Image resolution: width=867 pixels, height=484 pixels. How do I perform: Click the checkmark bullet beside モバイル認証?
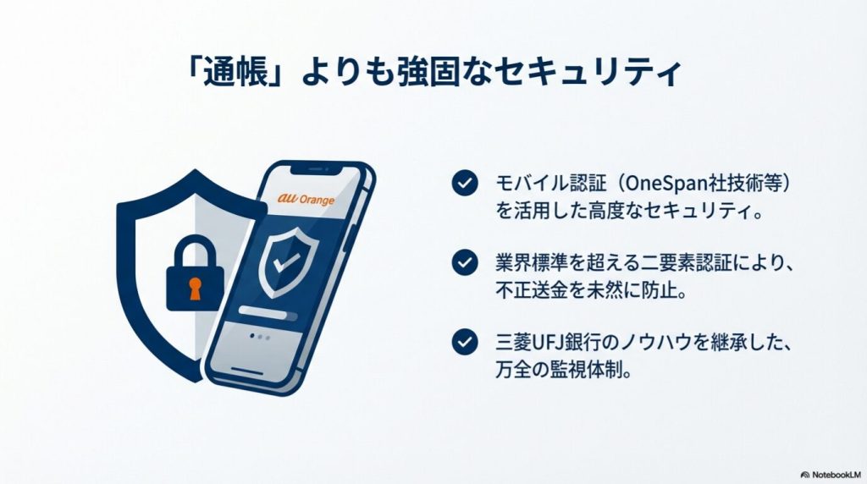point(463,184)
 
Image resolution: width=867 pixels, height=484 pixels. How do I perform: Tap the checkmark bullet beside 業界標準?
point(463,262)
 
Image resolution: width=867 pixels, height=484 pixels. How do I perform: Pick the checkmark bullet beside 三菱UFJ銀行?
point(463,342)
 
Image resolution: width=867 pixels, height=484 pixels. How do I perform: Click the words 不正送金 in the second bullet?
point(527,292)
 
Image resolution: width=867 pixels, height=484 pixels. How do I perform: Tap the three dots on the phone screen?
point(260,336)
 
